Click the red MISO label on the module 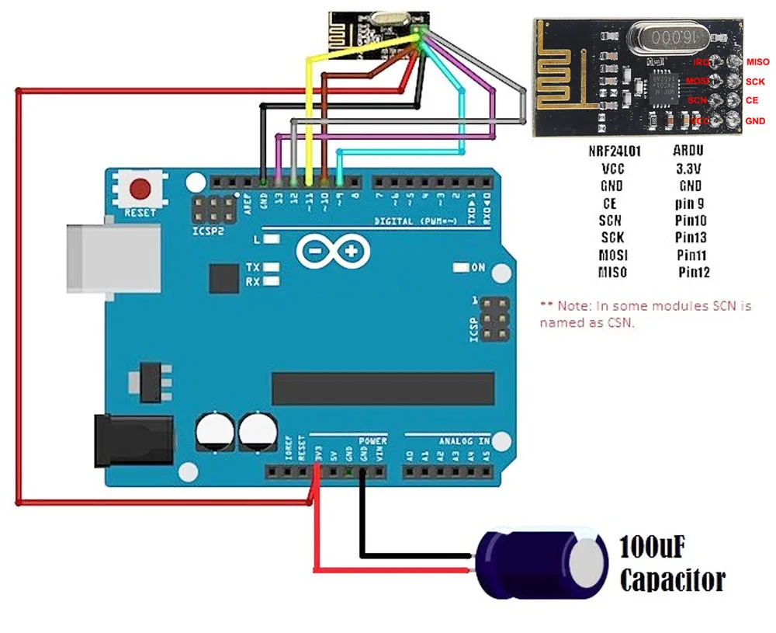pyautogui.click(x=757, y=62)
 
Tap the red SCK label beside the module pyautogui.click(x=755, y=82)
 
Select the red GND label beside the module pyautogui.click(x=755, y=121)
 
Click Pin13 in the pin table pyautogui.click(x=691, y=238)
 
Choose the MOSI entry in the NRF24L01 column pyautogui.click(x=613, y=255)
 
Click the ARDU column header pyautogui.click(x=690, y=151)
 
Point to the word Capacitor pyautogui.click(x=673, y=579)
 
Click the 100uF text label pyautogui.click(x=652, y=548)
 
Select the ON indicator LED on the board pyautogui.click(x=459, y=268)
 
